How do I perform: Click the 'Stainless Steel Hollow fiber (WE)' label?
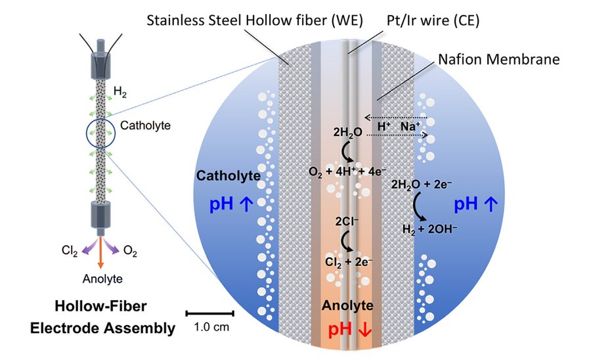click(x=254, y=20)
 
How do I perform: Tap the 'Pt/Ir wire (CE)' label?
click(x=433, y=20)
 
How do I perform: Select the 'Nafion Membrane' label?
click(x=498, y=60)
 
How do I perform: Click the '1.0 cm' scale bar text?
click(x=211, y=326)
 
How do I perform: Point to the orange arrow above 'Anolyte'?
click(x=100, y=252)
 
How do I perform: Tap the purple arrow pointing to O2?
click(x=112, y=247)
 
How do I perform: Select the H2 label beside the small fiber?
click(x=120, y=92)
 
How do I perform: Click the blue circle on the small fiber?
click(x=87, y=133)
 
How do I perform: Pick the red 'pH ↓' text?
click(x=350, y=329)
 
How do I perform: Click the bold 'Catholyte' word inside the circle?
click(x=229, y=175)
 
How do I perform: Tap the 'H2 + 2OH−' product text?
click(x=429, y=229)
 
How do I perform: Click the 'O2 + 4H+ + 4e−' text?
click(x=347, y=172)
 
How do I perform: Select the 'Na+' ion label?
click(x=410, y=126)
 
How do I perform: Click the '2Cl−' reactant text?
click(x=347, y=221)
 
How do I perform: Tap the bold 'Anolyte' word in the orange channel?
click(x=347, y=305)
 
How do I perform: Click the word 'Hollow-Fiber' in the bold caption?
click(x=100, y=306)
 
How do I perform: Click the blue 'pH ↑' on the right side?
click(x=475, y=204)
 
